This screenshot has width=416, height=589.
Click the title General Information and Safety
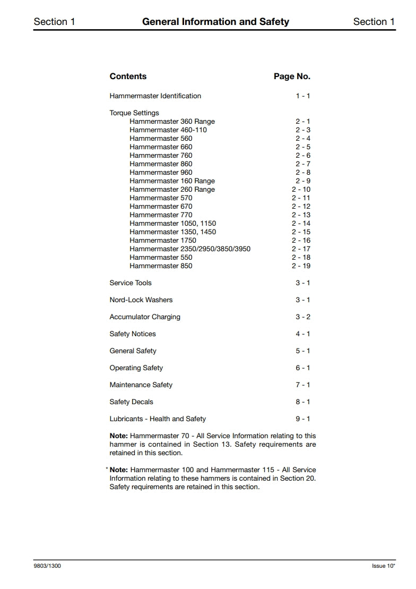pyautogui.click(x=215, y=22)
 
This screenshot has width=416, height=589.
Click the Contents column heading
pyautogui.click(x=128, y=76)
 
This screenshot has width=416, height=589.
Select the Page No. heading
pyautogui.click(x=292, y=76)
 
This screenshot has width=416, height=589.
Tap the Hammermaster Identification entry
pyautogui.click(x=155, y=96)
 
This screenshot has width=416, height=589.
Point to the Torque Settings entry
pyautogui.click(x=134, y=113)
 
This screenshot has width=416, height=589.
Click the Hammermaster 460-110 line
pyautogui.click(x=168, y=130)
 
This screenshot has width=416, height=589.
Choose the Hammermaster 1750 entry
pyautogui.click(x=163, y=241)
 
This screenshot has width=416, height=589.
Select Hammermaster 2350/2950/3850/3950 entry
pyautogui.click(x=190, y=249)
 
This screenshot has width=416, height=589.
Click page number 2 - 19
pyautogui.click(x=301, y=266)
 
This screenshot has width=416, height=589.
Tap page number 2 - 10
pyautogui.click(x=301, y=190)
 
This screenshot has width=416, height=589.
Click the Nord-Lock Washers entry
pyautogui.click(x=141, y=300)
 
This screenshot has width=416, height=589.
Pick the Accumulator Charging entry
pyautogui.click(x=145, y=317)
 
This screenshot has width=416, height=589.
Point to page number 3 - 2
pyautogui.click(x=303, y=317)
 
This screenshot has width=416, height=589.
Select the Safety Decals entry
pyautogui.click(x=131, y=402)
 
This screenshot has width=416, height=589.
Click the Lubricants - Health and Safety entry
pyautogui.click(x=158, y=419)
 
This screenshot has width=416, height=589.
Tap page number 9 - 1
pyautogui.click(x=303, y=419)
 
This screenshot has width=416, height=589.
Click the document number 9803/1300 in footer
pyautogui.click(x=47, y=566)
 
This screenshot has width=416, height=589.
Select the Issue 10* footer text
pyautogui.click(x=384, y=566)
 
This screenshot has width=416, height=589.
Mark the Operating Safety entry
pyautogui.click(x=136, y=368)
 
